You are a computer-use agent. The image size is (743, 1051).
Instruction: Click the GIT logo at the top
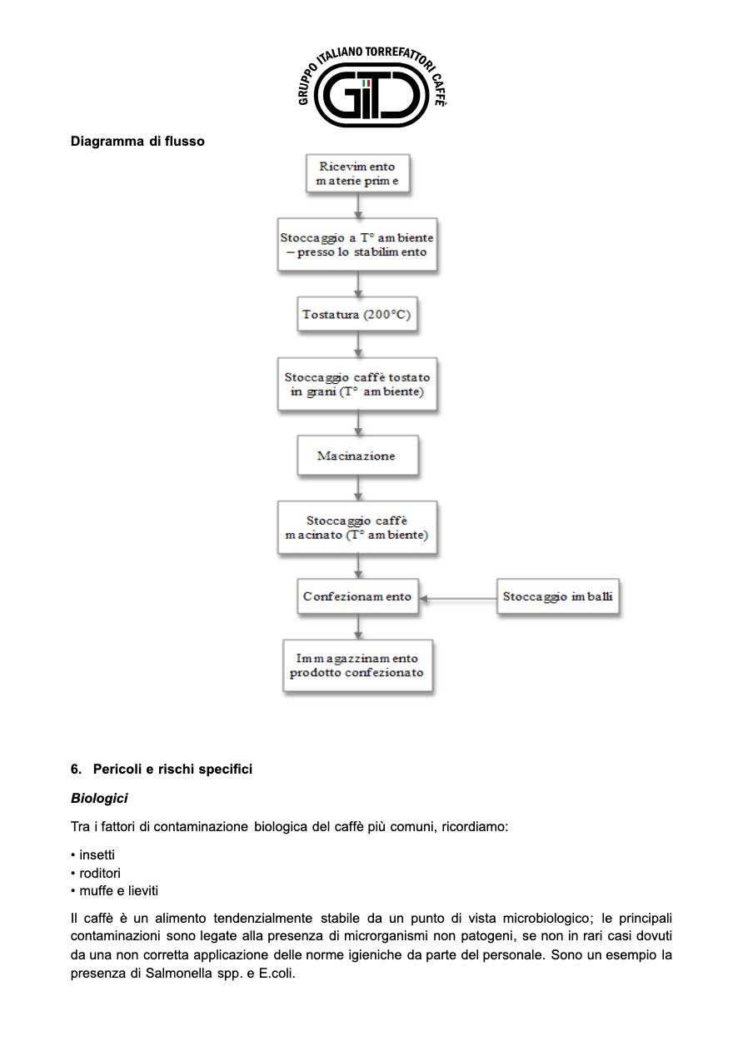pyautogui.click(x=371, y=87)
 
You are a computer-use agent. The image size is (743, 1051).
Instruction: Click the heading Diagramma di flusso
pyautogui.click(x=137, y=142)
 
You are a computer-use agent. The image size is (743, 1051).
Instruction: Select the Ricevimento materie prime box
pyautogui.click(x=357, y=173)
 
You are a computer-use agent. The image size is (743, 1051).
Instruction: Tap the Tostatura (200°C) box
pyautogui.click(x=357, y=314)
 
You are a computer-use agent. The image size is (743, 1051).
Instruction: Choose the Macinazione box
pyautogui.click(x=357, y=456)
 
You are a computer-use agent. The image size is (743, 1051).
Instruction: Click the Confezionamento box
pyautogui.click(x=357, y=596)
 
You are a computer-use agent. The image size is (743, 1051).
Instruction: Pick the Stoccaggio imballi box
pyautogui.click(x=558, y=596)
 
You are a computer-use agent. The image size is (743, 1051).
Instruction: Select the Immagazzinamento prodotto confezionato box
pyautogui.click(x=357, y=665)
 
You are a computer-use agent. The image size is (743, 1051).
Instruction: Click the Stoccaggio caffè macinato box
pyautogui.click(x=357, y=527)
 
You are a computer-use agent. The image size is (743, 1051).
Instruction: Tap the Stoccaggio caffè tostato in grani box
pyautogui.click(x=357, y=384)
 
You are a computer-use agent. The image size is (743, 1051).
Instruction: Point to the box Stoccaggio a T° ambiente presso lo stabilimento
pyautogui.click(x=357, y=245)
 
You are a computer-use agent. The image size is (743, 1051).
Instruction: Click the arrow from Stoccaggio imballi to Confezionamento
pyautogui.click(x=457, y=599)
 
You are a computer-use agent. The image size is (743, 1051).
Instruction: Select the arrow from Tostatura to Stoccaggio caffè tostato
pyautogui.click(x=358, y=345)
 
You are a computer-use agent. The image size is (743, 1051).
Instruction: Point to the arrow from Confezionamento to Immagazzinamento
pyautogui.click(x=358, y=626)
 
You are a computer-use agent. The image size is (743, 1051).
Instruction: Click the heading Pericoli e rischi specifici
pyautogui.click(x=162, y=769)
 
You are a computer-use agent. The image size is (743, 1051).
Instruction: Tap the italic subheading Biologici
pyautogui.click(x=99, y=798)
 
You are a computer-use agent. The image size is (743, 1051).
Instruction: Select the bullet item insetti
pyautogui.click(x=93, y=855)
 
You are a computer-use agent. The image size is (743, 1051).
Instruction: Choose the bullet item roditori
pyautogui.click(x=96, y=873)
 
